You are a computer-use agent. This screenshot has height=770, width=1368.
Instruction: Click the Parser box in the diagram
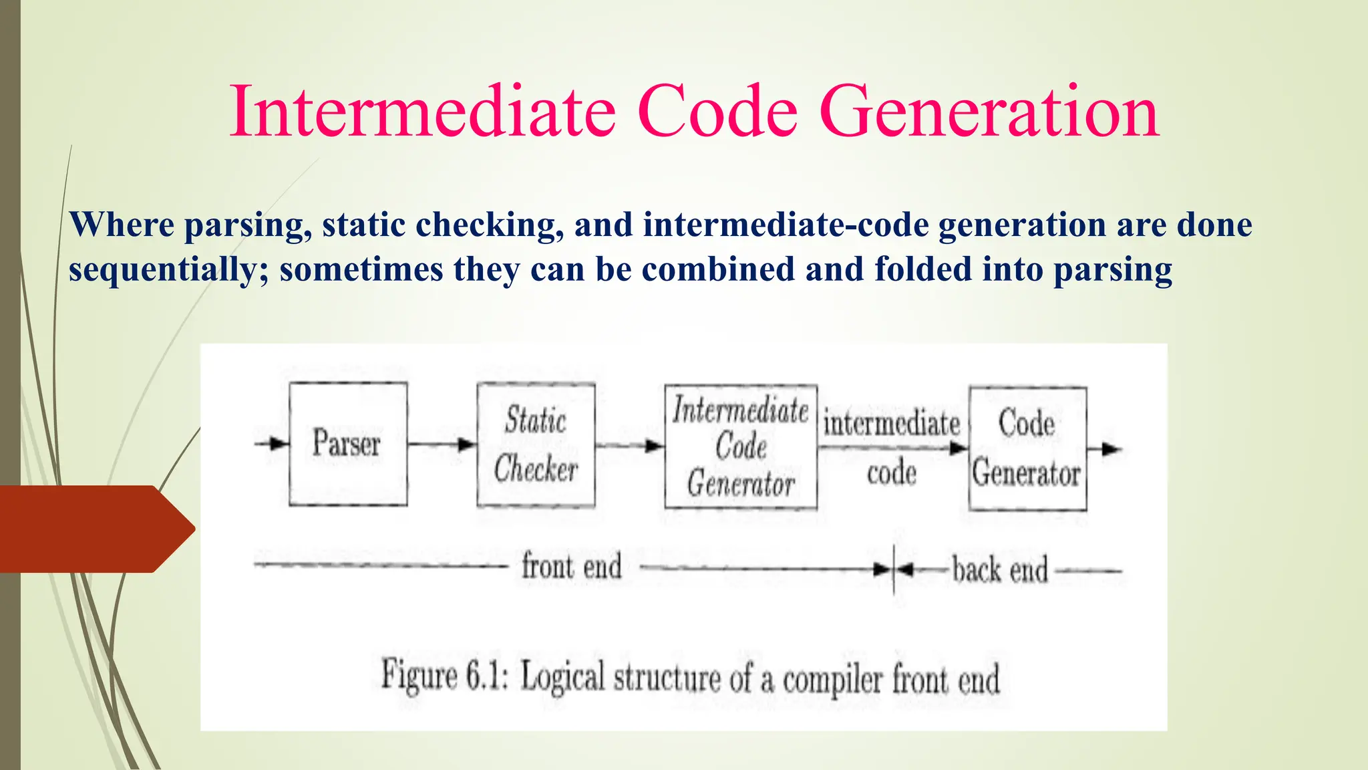coord(348,444)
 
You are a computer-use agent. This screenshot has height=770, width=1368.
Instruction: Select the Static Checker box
coord(536,444)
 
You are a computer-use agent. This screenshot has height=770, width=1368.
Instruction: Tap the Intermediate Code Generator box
coord(740,446)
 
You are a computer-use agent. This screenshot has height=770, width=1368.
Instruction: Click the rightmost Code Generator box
coord(1027,448)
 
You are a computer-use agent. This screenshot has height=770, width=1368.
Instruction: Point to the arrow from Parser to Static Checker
coord(442,444)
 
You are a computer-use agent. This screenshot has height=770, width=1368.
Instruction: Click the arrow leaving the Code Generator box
coord(1105,449)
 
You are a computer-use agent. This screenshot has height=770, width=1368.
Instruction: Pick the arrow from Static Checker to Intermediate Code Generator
coord(629,445)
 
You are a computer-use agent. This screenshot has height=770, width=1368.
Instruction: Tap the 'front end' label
coord(571,566)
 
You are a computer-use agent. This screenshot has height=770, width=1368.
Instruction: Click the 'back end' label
coord(1000,570)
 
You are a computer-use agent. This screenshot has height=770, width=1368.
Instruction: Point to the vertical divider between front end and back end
coord(894,569)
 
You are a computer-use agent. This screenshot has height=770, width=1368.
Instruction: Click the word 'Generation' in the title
coord(989,112)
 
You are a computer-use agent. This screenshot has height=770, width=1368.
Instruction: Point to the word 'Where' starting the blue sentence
coord(122,225)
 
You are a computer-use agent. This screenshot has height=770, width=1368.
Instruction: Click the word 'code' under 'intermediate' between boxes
coord(891,473)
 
